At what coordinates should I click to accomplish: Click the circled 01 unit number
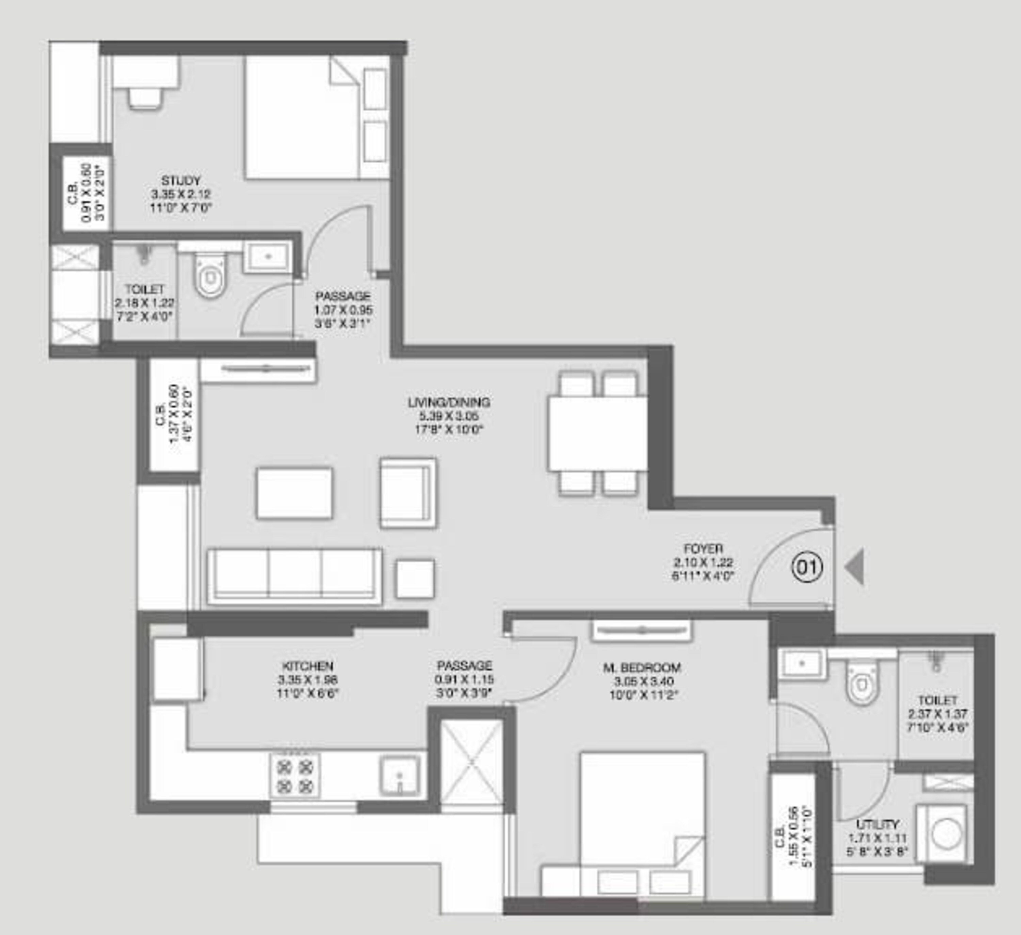pyautogui.click(x=807, y=568)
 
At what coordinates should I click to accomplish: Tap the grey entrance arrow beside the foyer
pyautogui.click(x=855, y=567)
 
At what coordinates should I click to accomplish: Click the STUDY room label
pyautogui.click(x=181, y=180)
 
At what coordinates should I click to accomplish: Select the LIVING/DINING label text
pyautogui.click(x=449, y=402)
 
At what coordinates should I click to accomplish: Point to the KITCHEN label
pyautogui.click(x=307, y=666)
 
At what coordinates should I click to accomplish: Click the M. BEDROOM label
pyautogui.click(x=642, y=667)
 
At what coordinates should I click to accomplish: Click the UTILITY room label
pyautogui.click(x=878, y=824)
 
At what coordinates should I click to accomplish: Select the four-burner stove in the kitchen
pyautogui.click(x=294, y=775)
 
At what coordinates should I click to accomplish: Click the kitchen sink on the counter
pyautogui.click(x=400, y=775)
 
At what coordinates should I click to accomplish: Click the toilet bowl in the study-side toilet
pyautogui.click(x=210, y=276)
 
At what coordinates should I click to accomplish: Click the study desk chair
pyautogui.click(x=145, y=98)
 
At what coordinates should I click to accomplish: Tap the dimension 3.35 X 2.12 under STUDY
pyautogui.click(x=181, y=194)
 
